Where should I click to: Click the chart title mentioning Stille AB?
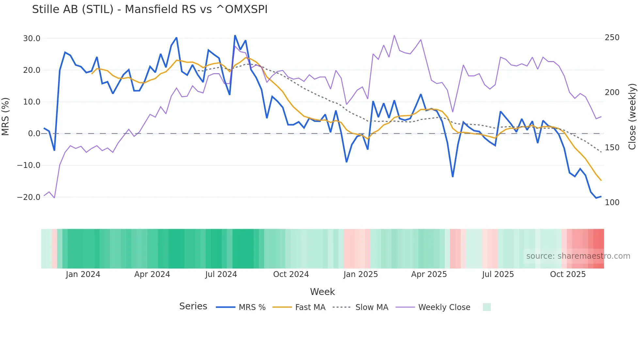pos(150,9)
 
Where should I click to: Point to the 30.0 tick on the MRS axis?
pos(32,39)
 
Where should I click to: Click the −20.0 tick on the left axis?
pos(29,197)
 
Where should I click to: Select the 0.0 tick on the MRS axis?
pos(34,134)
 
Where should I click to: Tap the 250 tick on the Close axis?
pos(612,38)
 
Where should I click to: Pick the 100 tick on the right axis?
pos(612,203)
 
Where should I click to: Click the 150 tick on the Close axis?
pos(612,148)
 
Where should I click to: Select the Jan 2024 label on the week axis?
pos(83,274)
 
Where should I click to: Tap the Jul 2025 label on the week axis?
pos(498,274)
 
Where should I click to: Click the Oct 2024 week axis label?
pos(291,274)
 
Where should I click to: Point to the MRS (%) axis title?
pos(6,117)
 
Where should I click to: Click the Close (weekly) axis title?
pos(632,117)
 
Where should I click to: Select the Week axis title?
pos(322,292)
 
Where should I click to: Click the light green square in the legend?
pos(487,307)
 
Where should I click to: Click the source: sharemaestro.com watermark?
pos(578,256)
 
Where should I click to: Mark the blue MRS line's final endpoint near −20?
pos(601,197)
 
